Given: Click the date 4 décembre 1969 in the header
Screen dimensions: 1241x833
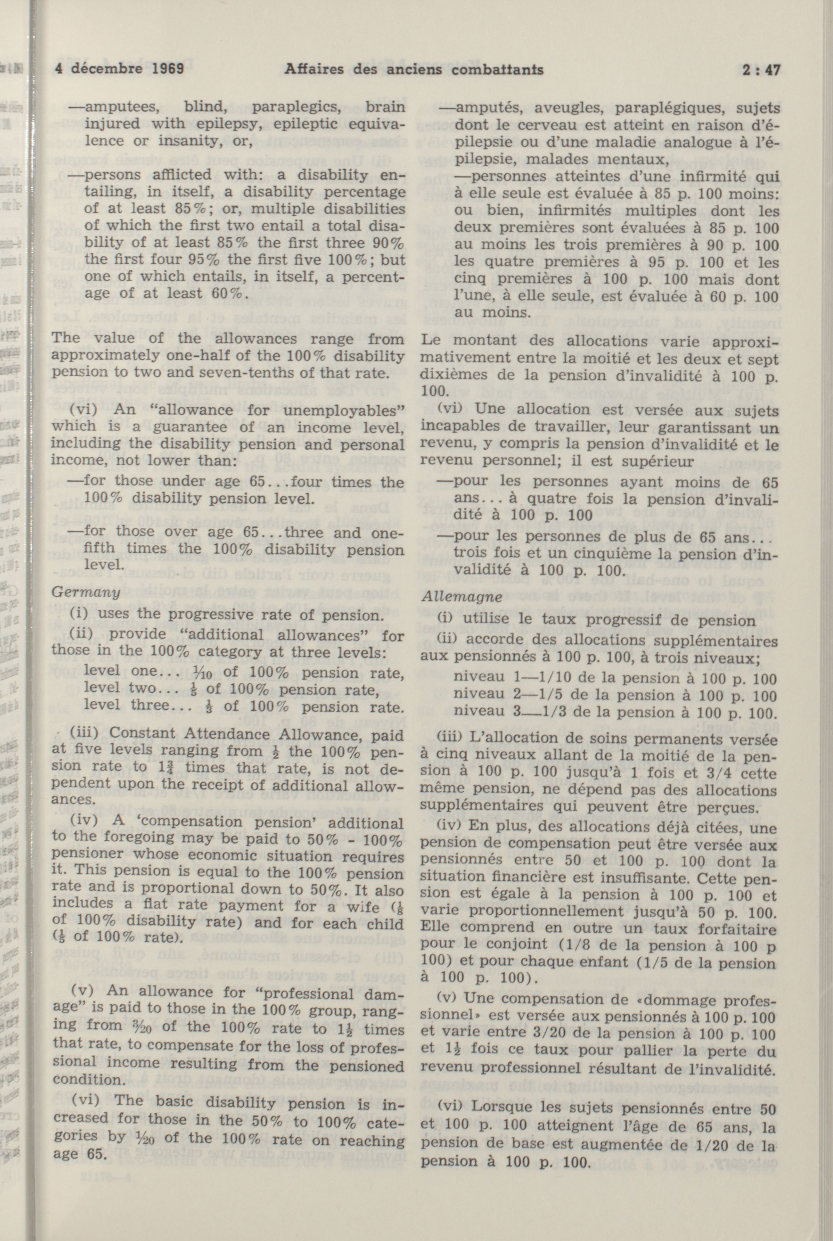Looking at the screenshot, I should pos(119,69).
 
